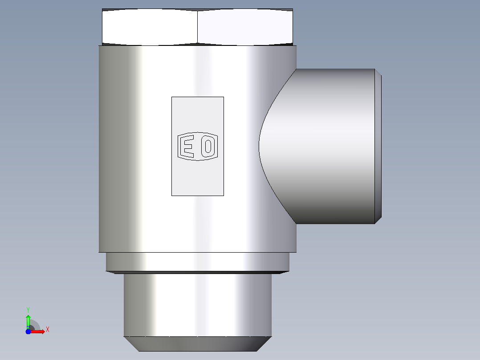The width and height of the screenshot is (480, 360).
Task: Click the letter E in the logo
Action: tap(187, 147)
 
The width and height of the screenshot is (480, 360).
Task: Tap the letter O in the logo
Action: tap(208, 146)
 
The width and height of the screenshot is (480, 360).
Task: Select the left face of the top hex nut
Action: tap(150, 27)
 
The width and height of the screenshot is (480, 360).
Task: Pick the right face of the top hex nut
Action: tap(245, 27)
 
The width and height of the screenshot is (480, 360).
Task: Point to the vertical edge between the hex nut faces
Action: tap(197, 27)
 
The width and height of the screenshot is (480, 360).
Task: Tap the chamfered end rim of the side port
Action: tap(378, 147)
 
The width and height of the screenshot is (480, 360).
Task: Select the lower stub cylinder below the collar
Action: tap(197, 305)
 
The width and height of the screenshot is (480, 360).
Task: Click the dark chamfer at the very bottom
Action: tap(197, 344)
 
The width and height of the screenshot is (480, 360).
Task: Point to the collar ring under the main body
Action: tap(197, 262)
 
